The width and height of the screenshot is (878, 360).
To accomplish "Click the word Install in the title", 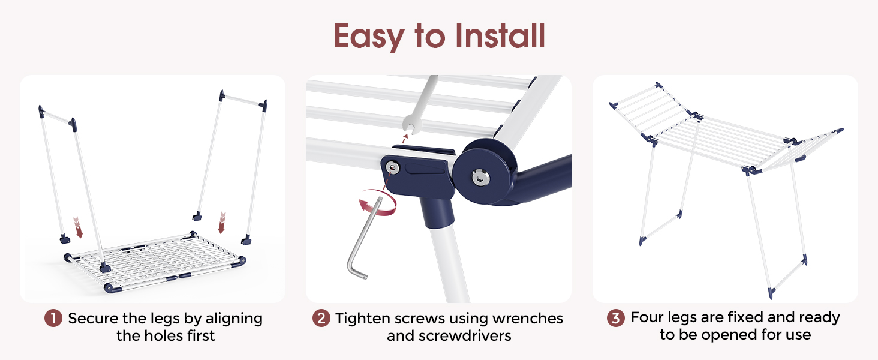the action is point(500,35).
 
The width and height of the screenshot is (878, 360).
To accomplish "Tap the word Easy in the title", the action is point(369,37).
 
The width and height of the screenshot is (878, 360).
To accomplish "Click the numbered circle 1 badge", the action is point(53,318).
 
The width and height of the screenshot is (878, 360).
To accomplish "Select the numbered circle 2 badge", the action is point(321,318).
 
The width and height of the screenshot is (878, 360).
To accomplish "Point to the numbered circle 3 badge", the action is point(616,317).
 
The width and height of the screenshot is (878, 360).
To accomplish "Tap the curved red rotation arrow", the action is point(377,202).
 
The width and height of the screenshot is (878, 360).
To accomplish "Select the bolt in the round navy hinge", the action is point(480,177).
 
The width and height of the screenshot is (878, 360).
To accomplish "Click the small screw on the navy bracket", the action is point(392,168).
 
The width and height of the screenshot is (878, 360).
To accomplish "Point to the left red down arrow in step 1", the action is point(78,227).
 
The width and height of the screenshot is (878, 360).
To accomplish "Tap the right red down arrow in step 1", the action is point(222,223).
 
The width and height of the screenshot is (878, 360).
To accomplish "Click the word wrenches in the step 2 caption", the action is point(528,319).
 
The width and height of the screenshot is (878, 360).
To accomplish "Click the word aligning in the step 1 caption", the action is point(234,319).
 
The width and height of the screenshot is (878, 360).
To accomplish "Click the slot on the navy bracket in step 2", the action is point(425,169).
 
